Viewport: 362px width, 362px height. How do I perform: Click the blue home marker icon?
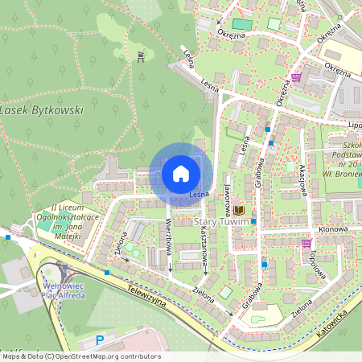pos(181,173)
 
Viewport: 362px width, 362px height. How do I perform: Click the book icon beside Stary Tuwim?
pos(239,211)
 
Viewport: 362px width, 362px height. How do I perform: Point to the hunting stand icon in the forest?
pos(142,56)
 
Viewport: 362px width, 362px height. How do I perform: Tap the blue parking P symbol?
pos(100,340)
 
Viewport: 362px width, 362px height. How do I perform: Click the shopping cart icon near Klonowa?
pos(306,242)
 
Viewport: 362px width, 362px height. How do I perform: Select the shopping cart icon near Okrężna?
pos(297,78)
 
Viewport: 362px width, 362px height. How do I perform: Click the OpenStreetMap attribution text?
pos(80,356)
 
